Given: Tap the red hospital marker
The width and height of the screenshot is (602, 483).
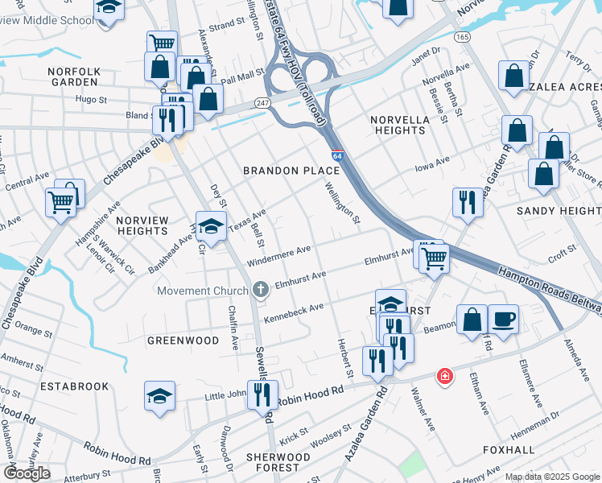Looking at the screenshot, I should click(443, 376).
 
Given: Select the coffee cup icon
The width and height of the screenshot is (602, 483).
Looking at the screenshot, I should click(504, 319).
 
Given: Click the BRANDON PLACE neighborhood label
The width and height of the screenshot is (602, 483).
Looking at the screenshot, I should click(282, 171).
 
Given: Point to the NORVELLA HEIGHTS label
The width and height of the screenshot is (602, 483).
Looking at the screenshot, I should click(400, 125).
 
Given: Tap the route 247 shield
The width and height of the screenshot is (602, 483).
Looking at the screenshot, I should click(263, 103).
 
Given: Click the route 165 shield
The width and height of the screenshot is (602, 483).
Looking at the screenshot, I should click(461, 37).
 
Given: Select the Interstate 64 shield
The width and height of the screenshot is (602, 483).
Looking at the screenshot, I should click(337, 155).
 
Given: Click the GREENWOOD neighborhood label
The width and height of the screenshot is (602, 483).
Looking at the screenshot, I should click(183, 341).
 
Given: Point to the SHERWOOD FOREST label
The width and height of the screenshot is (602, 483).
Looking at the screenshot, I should click(278, 461).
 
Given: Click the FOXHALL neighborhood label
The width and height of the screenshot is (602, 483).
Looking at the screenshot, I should click(509, 449).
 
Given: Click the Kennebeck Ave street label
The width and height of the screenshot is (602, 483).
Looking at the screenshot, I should click(294, 308).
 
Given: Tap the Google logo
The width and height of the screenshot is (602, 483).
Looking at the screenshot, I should click(27, 473).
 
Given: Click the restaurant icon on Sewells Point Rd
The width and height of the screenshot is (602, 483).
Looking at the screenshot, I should click(262, 396).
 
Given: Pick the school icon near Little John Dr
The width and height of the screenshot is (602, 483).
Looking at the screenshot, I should click(160, 396).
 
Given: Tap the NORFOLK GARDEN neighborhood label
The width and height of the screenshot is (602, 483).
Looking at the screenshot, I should click(74, 76).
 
